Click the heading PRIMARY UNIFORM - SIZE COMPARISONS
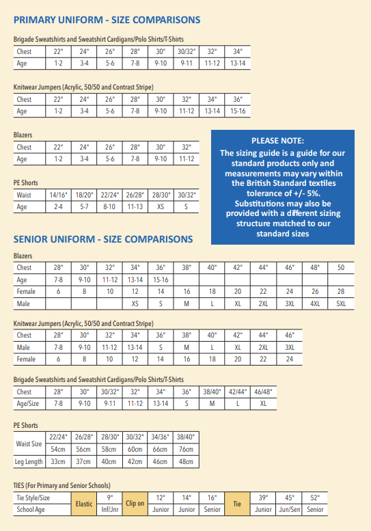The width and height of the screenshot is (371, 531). (107, 20)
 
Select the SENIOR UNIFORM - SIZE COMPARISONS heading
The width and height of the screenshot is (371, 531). (103, 240)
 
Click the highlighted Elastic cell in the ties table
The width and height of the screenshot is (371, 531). (83, 504)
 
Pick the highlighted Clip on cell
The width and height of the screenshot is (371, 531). (135, 504)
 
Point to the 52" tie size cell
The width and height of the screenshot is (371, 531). (315, 498)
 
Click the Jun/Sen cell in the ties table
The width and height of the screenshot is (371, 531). (289, 509)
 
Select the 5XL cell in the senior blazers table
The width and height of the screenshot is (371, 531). (341, 302)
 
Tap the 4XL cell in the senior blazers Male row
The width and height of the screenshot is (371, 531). (315, 302)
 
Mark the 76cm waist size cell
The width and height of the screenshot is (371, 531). (185, 449)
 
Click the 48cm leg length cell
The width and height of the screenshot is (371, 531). (185, 461)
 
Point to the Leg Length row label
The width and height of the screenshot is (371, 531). (29, 461)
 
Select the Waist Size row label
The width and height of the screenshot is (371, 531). (29, 443)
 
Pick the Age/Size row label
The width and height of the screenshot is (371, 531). (31, 403)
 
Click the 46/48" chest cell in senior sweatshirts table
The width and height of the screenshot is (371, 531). (263, 392)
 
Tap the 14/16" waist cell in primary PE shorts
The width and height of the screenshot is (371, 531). (58, 195)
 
